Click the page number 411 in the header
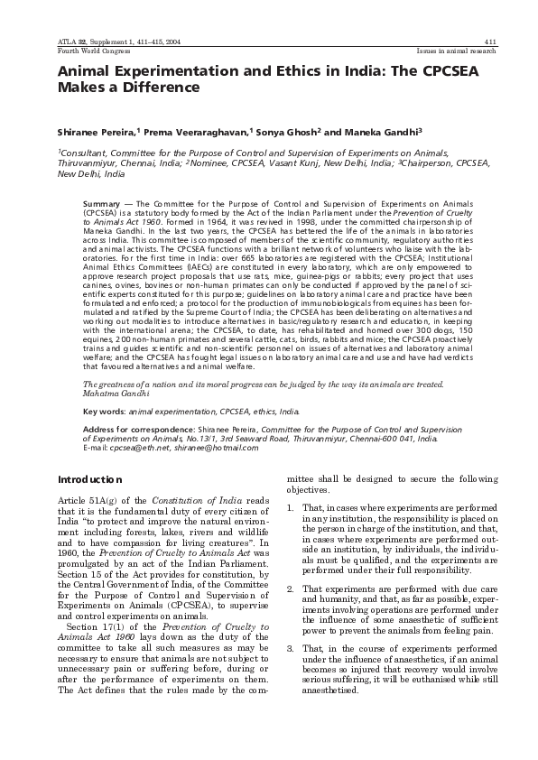coord(490,42)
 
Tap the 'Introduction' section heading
coord(89,479)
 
